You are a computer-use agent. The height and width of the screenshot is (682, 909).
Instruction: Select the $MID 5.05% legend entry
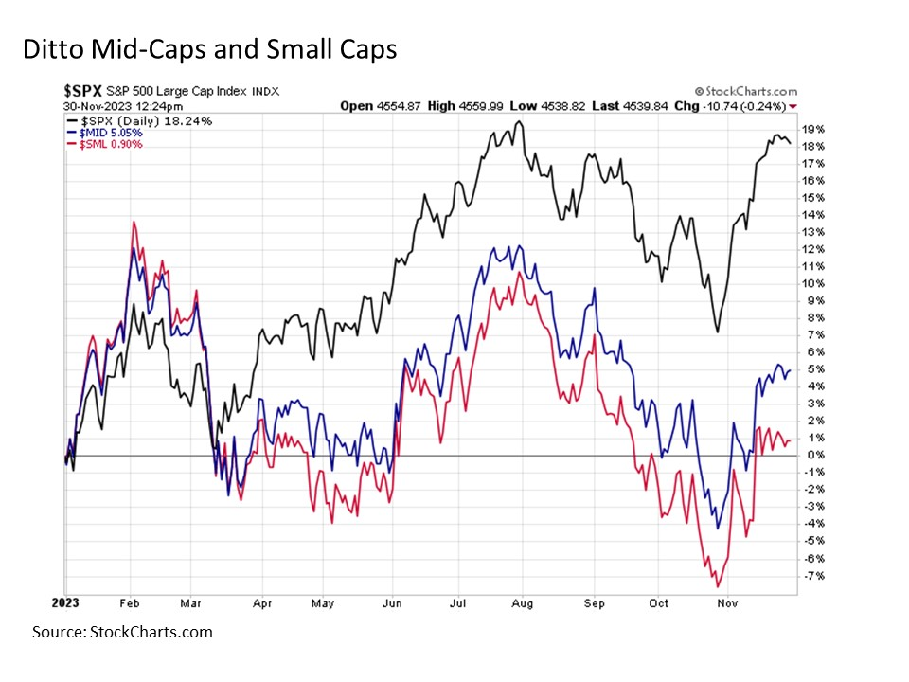tap(105, 133)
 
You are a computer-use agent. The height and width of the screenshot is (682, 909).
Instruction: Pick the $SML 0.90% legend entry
tap(104, 144)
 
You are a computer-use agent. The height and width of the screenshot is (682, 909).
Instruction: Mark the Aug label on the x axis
tap(523, 603)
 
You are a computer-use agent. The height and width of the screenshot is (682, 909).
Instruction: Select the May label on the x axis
tap(324, 603)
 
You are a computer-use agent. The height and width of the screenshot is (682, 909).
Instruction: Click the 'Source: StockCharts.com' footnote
tap(122, 632)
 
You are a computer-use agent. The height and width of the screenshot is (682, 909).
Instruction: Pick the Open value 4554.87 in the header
tap(386, 106)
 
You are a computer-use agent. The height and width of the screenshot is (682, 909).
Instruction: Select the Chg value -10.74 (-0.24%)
tap(747, 106)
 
